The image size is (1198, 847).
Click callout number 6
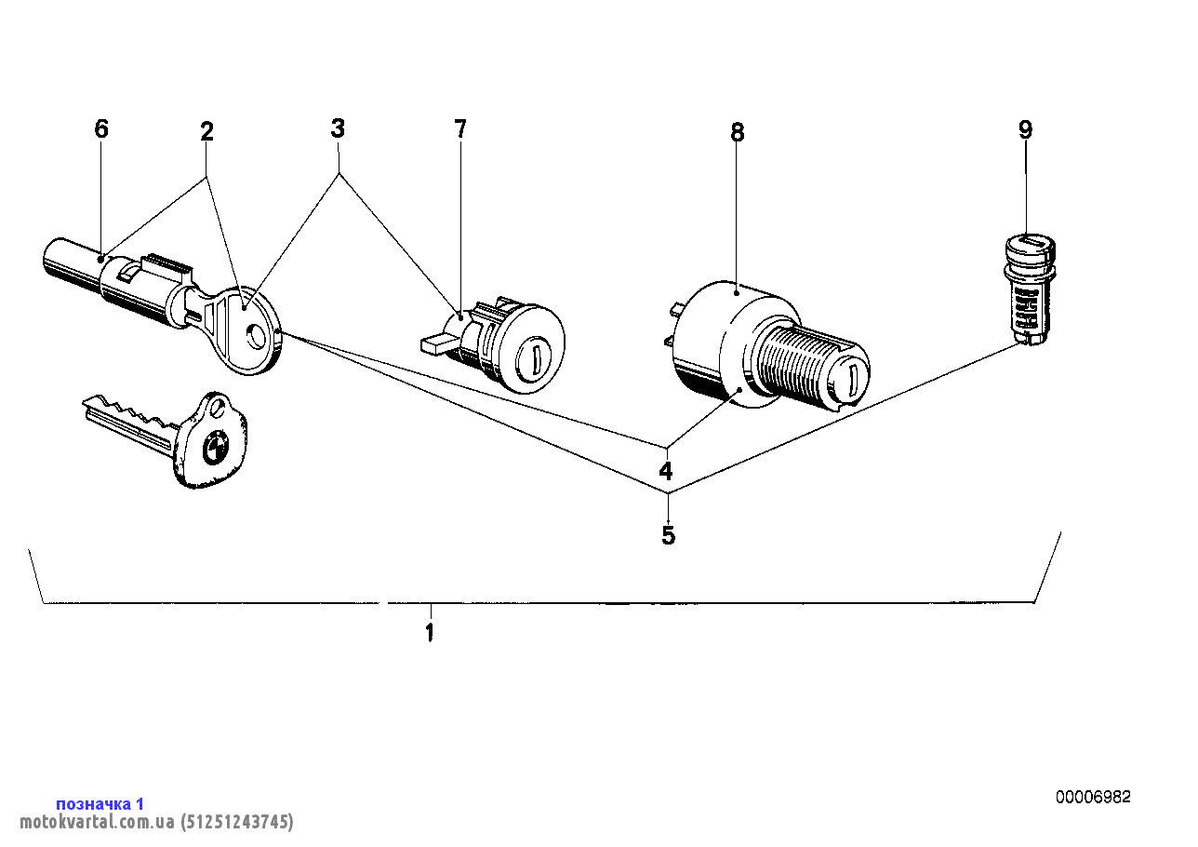[101, 128]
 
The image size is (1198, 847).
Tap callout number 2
[207, 131]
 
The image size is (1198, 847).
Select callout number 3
[338, 128]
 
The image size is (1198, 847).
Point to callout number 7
[459, 128]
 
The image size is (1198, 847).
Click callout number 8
[737, 131]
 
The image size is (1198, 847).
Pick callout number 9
[1025, 129]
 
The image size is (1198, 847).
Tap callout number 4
[665, 471]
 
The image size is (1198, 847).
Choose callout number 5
[669, 534]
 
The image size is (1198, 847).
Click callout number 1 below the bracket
[429, 632]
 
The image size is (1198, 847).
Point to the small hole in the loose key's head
[217, 409]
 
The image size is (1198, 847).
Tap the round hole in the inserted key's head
[255, 337]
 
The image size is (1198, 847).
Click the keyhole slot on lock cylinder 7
[536, 355]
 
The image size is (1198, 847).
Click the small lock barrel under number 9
[1030, 289]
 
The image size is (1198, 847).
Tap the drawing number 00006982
[1093, 797]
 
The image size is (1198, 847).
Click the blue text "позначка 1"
[100, 803]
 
